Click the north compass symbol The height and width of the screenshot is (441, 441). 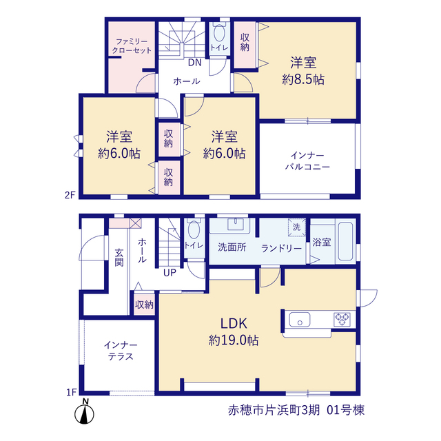pyautogui.click(x=84, y=411)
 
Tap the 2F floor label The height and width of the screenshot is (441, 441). pyautogui.click(x=70, y=195)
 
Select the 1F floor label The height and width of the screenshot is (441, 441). pyautogui.click(x=72, y=392)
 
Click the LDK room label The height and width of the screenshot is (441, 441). pyautogui.click(x=234, y=323)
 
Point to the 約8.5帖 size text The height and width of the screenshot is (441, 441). pyautogui.click(x=303, y=80)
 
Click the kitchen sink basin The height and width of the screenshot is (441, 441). pyautogui.click(x=300, y=320)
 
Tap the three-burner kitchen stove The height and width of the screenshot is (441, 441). pyautogui.click(x=342, y=320)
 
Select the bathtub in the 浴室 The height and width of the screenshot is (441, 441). pyautogui.click(x=346, y=241)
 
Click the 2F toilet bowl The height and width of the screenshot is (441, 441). pyautogui.click(x=219, y=32)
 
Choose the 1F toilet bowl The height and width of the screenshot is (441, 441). pyautogui.click(x=194, y=229)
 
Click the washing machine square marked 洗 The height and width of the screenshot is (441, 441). pyautogui.click(x=297, y=227)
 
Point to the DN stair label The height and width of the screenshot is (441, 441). pyautogui.click(x=194, y=63)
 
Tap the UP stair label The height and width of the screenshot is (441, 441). pyautogui.click(x=170, y=272)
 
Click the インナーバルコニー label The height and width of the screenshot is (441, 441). pyautogui.click(x=307, y=161)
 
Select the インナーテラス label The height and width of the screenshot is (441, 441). pyautogui.click(x=121, y=351)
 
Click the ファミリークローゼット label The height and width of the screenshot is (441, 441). pyautogui.click(x=132, y=46)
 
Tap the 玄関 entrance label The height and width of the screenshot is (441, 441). pyautogui.click(x=119, y=257)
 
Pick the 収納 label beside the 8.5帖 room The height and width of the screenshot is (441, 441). pyautogui.click(x=245, y=42)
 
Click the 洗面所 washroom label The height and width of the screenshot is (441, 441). pyautogui.click(x=232, y=247)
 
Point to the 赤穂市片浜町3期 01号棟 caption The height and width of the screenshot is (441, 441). pyautogui.click(x=296, y=410)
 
